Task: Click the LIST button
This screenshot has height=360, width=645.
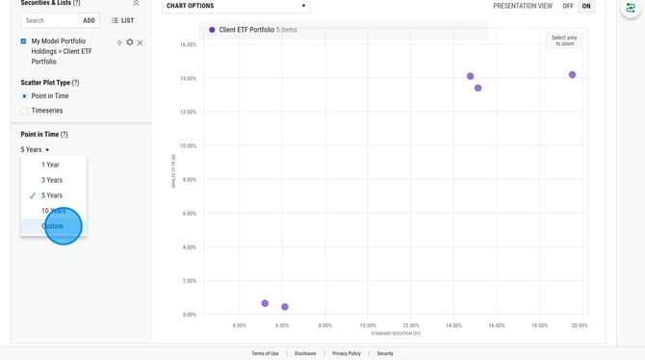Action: pos(122,20)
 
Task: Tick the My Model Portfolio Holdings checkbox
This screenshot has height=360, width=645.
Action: pos(24,41)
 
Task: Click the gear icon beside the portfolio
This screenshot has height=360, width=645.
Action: pos(130,42)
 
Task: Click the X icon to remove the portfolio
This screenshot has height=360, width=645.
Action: pos(141,42)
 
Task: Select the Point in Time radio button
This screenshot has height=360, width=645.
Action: pos(25,96)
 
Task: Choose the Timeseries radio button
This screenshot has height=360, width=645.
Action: pos(25,111)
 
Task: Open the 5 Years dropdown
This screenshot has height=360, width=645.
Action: pos(35,150)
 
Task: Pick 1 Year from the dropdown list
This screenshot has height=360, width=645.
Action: pos(50,165)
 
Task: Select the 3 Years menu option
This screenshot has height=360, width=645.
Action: pos(52,180)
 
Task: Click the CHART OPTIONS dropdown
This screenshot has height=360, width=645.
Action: pos(236,6)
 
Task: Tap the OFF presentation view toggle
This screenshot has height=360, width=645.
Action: pos(568,6)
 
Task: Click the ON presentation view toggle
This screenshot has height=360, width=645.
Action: pos(586,6)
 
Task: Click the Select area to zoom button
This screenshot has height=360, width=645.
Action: pos(564,40)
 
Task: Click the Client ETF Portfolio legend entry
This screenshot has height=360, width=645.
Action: pos(245,30)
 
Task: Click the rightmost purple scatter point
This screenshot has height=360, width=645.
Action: pos(572,75)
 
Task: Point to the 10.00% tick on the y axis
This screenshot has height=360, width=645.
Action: pos(188,146)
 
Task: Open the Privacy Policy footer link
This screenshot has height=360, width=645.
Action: pos(347,353)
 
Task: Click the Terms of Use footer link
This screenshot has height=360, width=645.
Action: pos(265,353)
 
